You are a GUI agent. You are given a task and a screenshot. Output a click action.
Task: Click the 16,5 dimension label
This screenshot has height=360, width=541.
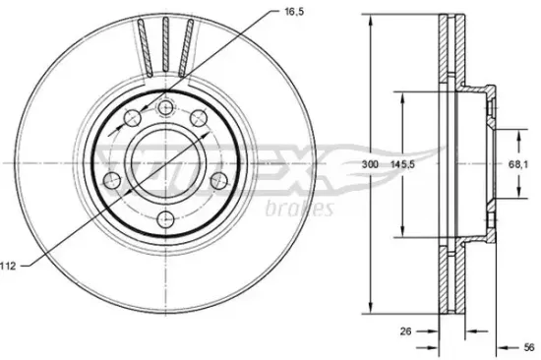pyautogui.click(x=294, y=12)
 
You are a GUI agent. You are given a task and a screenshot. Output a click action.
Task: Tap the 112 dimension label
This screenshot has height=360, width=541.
pyautogui.click(x=8, y=266)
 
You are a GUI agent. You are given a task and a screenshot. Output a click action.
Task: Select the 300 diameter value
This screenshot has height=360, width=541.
pyautogui.click(x=370, y=164)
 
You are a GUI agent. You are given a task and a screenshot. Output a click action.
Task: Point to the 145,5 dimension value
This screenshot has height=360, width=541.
pyautogui.click(x=402, y=164)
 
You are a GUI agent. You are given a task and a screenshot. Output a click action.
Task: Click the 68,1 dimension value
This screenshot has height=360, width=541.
pyautogui.click(x=517, y=164)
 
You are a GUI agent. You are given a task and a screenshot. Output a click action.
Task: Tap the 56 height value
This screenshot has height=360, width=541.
pyautogui.click(x=528, y=347)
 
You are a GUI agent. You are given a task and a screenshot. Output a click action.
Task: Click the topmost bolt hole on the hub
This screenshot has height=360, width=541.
pyautogui.click(x=166, y=108)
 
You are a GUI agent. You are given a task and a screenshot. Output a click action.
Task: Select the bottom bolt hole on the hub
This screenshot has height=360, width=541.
pyautogui.click(x=166, y=218)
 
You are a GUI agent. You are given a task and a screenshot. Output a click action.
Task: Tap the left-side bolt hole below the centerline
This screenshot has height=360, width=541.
pyautogui.click(x=112, y=181)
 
